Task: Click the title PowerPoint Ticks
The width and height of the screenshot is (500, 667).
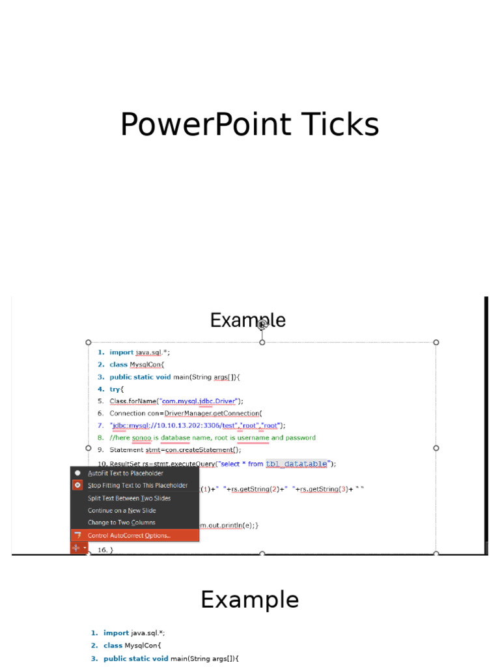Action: [249, 124]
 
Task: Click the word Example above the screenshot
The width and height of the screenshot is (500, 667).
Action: [247, 320]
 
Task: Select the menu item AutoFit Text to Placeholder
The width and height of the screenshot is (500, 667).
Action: [126, 474]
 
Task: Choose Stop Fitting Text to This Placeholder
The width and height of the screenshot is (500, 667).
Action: [137, 485]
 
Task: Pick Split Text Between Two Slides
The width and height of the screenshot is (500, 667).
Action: [129, 498]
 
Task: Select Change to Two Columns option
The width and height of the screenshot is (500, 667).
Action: [121, 522]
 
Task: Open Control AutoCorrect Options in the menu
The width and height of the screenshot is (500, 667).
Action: [129, 535]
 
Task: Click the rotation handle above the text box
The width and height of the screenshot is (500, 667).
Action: [262, 324]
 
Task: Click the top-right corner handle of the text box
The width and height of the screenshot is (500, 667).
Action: [436, 342]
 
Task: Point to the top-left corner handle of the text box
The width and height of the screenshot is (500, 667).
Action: [89, 342]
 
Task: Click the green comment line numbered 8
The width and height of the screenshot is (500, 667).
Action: [212, 438]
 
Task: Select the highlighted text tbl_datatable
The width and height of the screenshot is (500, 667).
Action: [297, 464]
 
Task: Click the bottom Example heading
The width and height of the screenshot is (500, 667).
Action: [249, 600]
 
